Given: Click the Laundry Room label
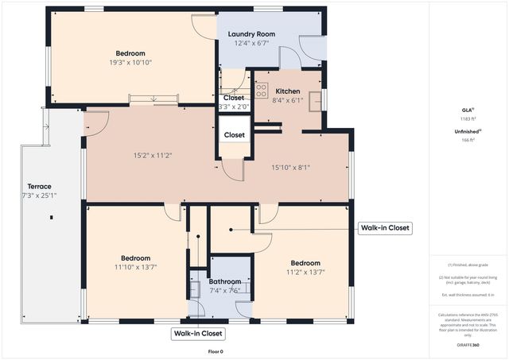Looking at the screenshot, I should (x=251, y=34).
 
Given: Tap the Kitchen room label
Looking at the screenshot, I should (x=287, y=91).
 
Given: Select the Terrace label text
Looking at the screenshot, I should (x=39, y=187).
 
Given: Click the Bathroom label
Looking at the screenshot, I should (x=224, y=282).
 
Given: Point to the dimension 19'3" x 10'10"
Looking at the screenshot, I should (x=131, y=63).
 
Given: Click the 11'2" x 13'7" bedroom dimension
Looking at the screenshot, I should (x=305, y=272).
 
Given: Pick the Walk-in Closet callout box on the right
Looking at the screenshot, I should (x=385, y=228).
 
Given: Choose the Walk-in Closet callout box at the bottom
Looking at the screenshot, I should (x=197, y=334).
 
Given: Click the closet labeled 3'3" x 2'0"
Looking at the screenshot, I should (x=234, y=106).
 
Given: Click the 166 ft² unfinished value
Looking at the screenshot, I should (x=468, y=140).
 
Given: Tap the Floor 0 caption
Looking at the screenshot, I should (x=216, y=351).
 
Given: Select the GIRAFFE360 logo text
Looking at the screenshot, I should (x=468, y=346).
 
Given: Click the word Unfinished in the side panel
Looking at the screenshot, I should (x=467, y=131).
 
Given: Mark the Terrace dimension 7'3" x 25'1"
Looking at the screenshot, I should (x=39, y=195).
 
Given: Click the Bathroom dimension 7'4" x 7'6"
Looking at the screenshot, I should (x=224, y=291).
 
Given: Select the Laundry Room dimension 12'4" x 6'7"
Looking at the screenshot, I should (x=251, y=44).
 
